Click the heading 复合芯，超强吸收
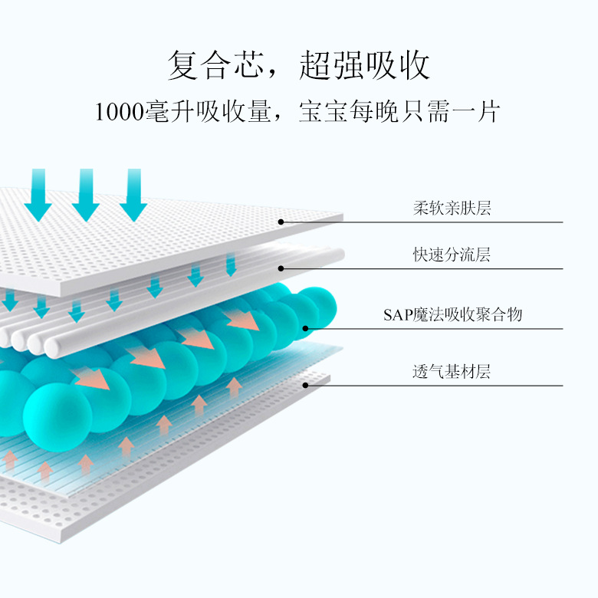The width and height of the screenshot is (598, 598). click(x=298, y=66)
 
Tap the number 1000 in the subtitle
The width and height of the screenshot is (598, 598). click(x=118, y=113)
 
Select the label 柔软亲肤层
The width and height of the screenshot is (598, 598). click(x=452, y=208)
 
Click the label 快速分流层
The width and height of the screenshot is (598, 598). click(x=452, y=255)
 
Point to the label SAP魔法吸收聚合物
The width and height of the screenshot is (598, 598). click(x=452, y=314)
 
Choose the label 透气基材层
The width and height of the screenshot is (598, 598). click(x=452, y=373)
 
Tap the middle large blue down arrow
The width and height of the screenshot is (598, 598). click(x=86, y=196)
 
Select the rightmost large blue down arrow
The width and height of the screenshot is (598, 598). click(x=134, y=196)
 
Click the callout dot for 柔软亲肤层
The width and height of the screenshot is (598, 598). click(x=281, y=222)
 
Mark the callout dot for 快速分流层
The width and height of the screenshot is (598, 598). click(x=281, y=268)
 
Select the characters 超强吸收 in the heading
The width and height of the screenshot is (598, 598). click(x=364, y=66)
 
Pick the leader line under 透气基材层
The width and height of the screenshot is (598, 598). click(x=460, y=386)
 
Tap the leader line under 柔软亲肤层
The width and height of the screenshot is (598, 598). click(x=460, y=222)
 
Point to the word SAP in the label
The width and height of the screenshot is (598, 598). click(x=398, y=315)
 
